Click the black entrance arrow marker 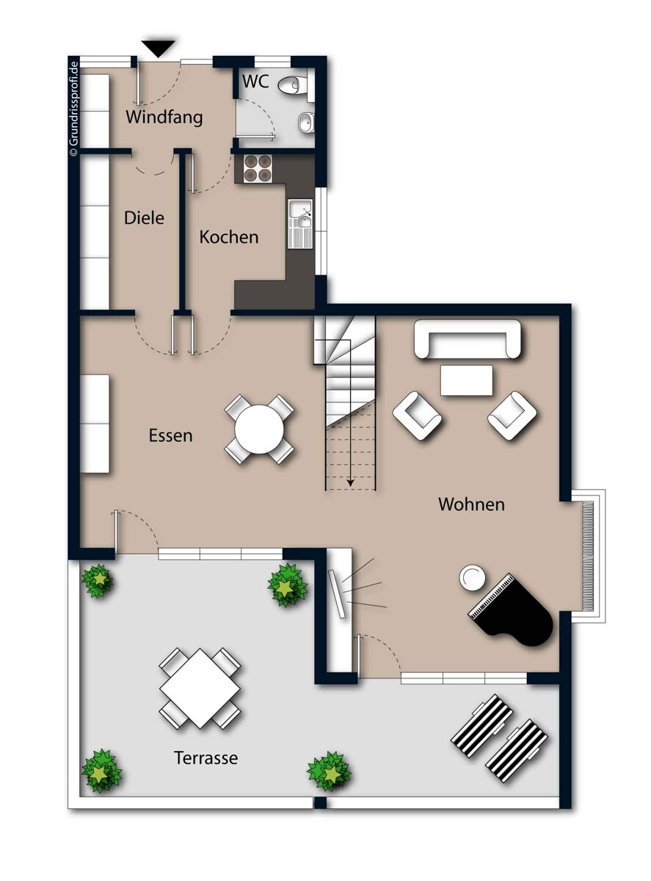point(158,48)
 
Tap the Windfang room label point(164,117)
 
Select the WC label point(255,81)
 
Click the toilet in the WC point(292,85)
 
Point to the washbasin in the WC point(306,121)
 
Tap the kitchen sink point(300,224)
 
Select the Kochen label point(229,237)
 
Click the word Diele point(144,218)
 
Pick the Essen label point(171,435)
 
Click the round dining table point(259,429)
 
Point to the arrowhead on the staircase point(350,482)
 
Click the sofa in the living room point(468,339)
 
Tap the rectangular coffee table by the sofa point(466,380)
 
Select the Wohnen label point(471,504)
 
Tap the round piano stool point(471,578)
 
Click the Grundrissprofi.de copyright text point(74,108)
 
